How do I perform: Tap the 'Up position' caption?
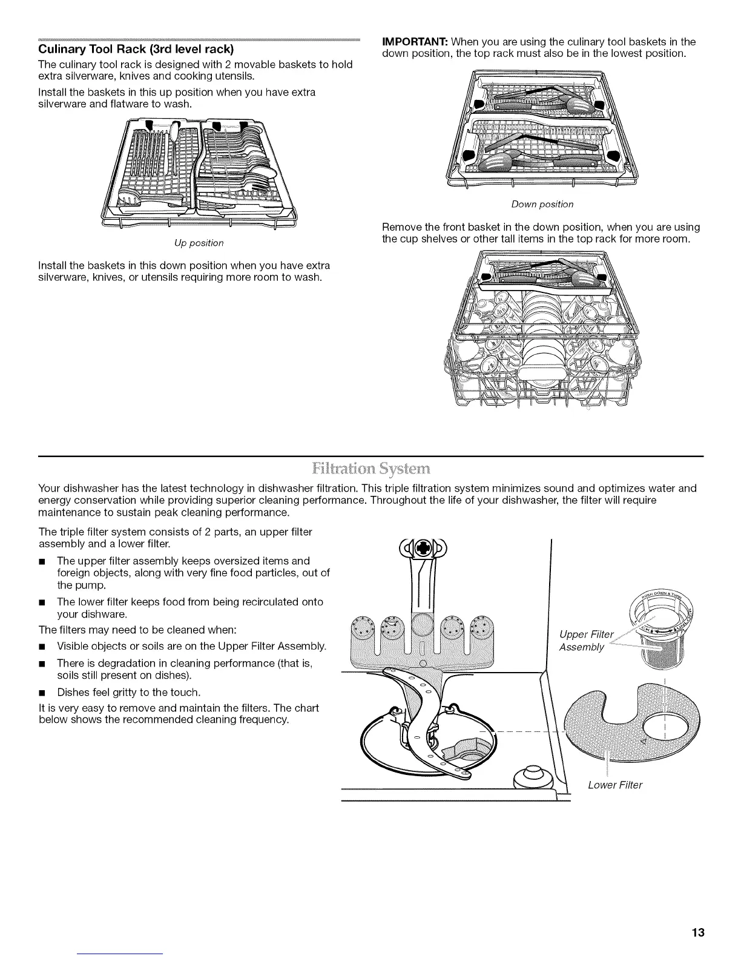click(x=199, y=243)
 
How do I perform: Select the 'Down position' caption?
click(x=542, y=204)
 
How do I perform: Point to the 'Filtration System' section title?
click(x=370, y=469)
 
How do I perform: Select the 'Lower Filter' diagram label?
click(x=615, y=785)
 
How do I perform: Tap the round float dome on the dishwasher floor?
click(x=531, y=776)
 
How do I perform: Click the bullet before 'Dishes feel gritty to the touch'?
click(x=42, y=692)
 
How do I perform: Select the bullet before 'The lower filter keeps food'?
click(x=42, y=602)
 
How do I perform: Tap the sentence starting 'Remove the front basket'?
click(x=541, y=233)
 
